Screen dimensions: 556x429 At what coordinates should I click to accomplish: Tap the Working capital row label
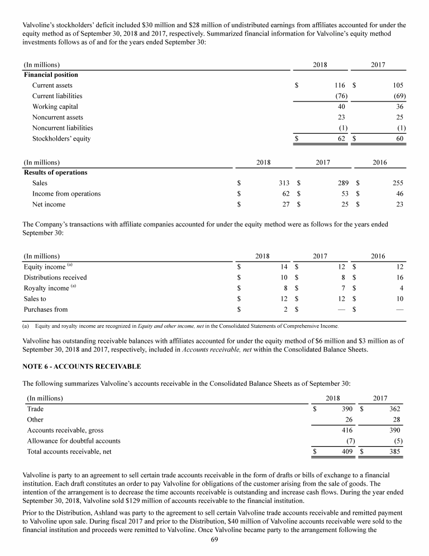coord(55,107)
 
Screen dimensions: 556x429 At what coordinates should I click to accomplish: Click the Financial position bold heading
coord(51,75)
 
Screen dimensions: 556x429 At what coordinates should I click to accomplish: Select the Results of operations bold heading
coord(55,172)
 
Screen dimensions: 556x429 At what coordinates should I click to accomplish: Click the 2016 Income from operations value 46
coord(399,194)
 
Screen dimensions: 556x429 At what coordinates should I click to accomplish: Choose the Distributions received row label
coord(55,277)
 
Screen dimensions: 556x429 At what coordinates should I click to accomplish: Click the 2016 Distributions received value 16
coord(399,277)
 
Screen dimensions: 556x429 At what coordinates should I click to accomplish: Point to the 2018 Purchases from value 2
coord(285,309)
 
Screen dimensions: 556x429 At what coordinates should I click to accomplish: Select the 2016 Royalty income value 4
coord(401,288)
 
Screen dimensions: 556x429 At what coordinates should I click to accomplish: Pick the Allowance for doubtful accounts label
coord(74,441)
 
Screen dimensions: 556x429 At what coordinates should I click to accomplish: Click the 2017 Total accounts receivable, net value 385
coord(394,452)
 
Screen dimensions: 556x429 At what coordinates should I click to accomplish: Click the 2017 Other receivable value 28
coord(395,419)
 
